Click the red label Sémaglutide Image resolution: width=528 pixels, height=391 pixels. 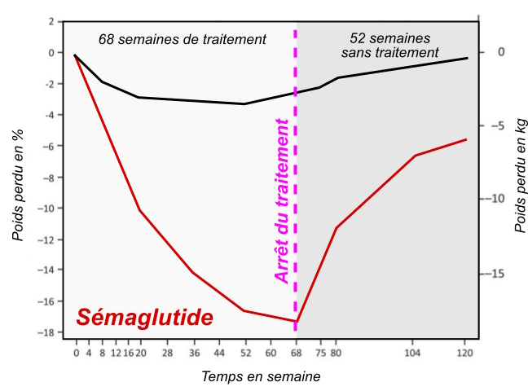145,318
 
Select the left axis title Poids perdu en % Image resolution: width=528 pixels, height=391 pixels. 17,187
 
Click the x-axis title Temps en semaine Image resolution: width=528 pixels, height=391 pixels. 261,376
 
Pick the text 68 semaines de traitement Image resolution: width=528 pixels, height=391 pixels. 183,39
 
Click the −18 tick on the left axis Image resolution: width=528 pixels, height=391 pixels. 50,333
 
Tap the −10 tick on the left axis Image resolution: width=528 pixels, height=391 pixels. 50,209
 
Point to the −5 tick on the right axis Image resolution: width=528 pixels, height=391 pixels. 499,126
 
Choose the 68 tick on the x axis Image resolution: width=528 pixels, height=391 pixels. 296,354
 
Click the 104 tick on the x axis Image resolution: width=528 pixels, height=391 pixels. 414,354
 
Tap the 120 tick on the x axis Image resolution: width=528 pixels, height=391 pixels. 466,354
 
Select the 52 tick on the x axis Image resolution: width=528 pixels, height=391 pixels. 244,354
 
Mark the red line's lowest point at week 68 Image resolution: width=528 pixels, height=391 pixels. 296,321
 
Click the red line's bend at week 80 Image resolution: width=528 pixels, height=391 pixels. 336,227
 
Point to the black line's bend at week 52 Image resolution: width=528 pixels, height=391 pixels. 244,103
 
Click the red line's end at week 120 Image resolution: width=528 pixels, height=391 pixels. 466,139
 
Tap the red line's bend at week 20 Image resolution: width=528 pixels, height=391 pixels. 139,210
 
